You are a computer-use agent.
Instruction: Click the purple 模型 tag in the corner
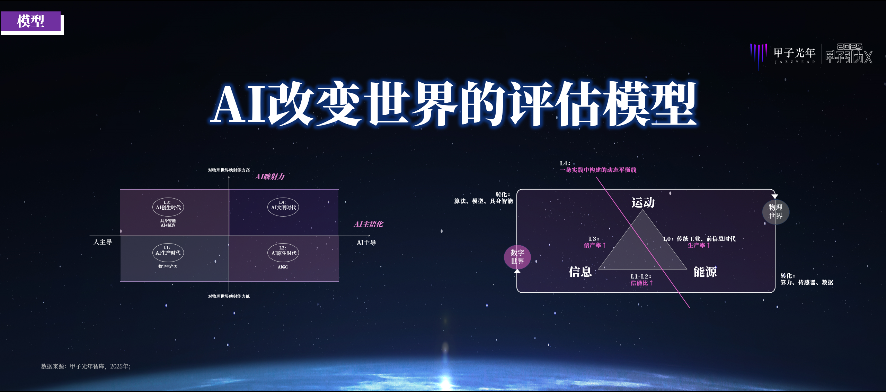tap(31, 21)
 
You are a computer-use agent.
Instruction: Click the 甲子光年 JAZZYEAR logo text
tap(795, 55)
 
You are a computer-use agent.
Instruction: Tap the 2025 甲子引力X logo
tap(849, 54)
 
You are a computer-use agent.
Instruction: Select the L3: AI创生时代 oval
tap(168, 207)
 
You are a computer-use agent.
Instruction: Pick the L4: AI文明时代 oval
tap(283, 207)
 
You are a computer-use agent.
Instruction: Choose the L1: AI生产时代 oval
tap(168, 252)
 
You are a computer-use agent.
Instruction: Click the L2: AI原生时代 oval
tap(283, 253)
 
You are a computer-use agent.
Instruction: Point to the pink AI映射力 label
tap(270, 177)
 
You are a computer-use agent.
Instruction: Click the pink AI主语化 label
tap(369, 224)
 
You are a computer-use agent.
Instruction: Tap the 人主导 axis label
tap(103, 242)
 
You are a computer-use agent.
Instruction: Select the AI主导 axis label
tap(366, 243)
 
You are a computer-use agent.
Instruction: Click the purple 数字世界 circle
tap(517, 257)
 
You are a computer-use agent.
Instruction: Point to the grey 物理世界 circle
tap(776, 212)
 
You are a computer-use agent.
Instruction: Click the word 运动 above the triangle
tap(643, 203)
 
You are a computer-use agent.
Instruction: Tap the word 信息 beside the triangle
tap(580, 272)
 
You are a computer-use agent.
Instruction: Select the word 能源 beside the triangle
tap(705, 272)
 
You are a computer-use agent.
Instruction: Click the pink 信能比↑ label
tap(642, 283)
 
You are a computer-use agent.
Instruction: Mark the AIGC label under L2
tap(283, 267)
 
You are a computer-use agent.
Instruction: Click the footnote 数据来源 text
tap(86, 366)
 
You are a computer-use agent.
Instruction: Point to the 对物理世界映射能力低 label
tap(229, 297)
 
